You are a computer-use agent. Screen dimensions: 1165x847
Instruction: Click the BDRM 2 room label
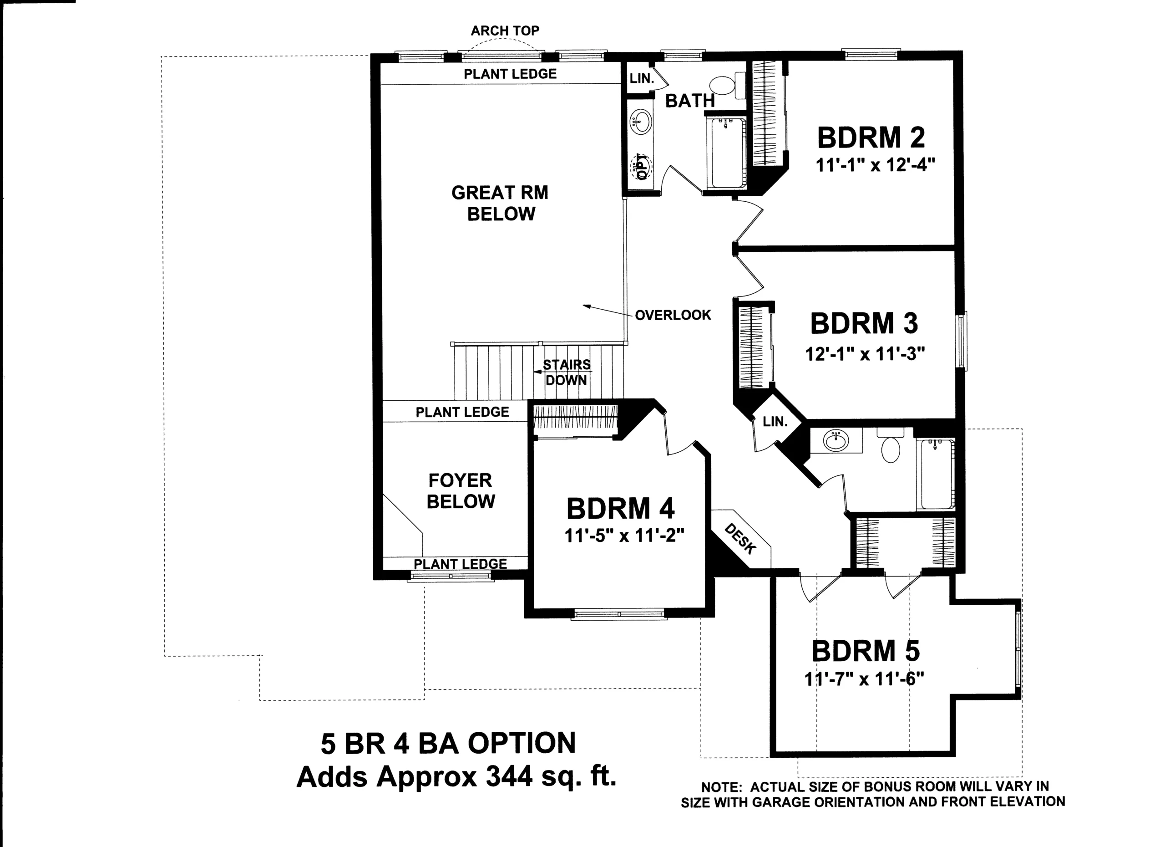pyautogui.click(x=871, y=138)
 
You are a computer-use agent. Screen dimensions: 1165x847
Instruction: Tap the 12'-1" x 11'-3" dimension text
pyautogui.click(x=865, y=354)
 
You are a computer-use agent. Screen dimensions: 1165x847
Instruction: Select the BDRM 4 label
pyautogui.click(x=621, y=509)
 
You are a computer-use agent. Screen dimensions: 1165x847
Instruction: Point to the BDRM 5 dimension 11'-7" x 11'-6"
pyautogui.click(x=865, y=679)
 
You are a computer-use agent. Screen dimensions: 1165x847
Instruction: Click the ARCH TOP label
pyautogui.click(x=505, y=31)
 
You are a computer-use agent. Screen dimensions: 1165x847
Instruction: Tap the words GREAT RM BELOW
pyautogui.click(x=500, y=203)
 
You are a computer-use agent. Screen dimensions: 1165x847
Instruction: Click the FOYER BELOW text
pyautogui.click(x=461, y=491)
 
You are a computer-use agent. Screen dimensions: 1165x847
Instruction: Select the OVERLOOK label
pyautogui.click(x=673, y=315)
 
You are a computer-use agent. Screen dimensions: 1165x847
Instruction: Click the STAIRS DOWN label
pyautogui.click(x=567, y=372)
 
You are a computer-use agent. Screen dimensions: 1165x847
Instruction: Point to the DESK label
pyautogui.click(x=740, y=539)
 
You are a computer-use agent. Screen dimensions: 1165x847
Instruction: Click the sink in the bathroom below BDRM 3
pyautogui.click(x=836, y=440)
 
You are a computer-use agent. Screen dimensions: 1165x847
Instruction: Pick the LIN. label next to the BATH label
pyautogui.click(x=642, y=79)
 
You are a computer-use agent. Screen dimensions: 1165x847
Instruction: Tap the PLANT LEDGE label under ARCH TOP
pyautogui.click(x=510, y=74)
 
